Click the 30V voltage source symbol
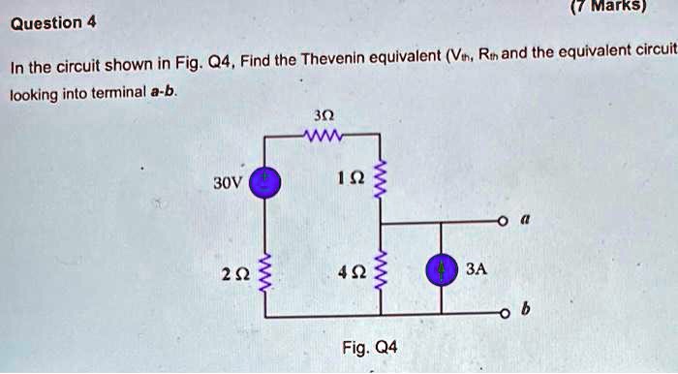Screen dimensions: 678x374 coord(267,181)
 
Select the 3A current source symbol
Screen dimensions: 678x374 coord(442,269)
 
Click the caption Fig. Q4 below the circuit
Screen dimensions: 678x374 coord(370,347)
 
